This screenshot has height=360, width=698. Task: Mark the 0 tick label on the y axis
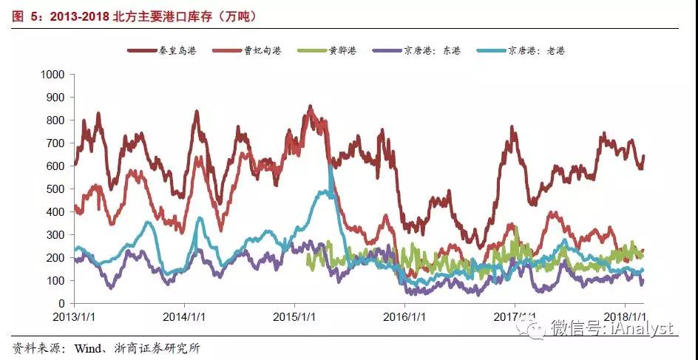[63, 304]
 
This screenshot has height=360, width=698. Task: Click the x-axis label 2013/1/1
[74, 316]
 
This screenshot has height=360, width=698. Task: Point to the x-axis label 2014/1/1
[184, 316]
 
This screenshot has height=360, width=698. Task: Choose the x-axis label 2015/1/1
[294, 316]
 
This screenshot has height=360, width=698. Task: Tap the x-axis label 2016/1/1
[404, 316]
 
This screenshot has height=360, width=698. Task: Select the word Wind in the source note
[85, 347]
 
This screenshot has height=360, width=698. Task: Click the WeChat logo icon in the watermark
[530, 326]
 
